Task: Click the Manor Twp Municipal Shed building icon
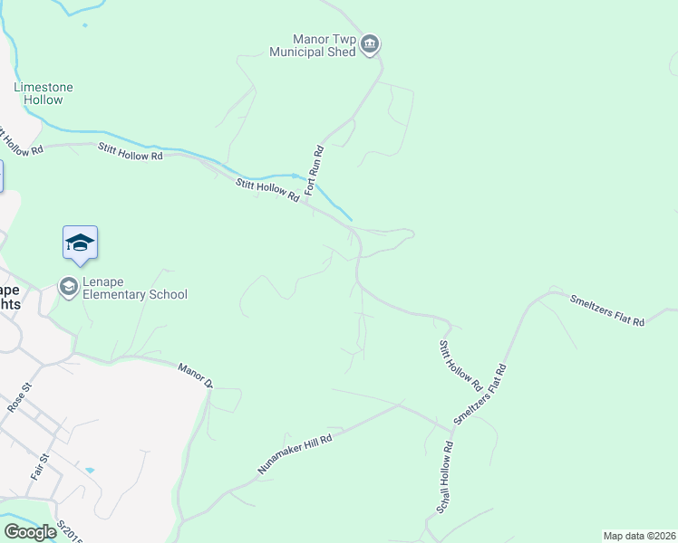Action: tap(369, 44)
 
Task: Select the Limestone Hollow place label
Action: tap(44, 93)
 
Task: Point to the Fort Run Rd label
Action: tap(315, 171)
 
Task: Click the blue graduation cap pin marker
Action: tap(80, 243)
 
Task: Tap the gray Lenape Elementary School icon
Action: tap(68, 287)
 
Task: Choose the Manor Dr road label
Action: tap(195, 375)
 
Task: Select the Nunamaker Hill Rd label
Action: tap(295, 452)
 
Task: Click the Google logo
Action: tap(31, 532)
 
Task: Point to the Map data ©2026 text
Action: tap(639, 536)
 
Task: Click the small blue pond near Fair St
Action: tap(89, 471)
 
